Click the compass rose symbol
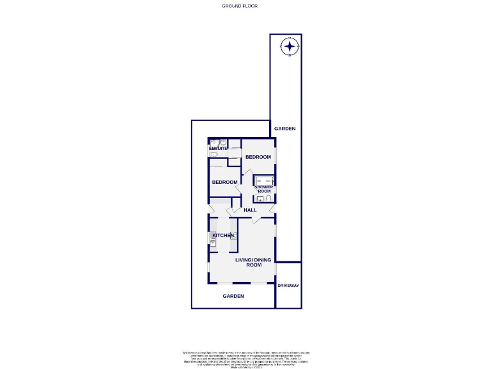point(290,46)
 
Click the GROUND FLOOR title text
point(240,6)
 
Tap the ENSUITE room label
point(218,149)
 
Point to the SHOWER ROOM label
point(265,189)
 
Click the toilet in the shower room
point(269,199)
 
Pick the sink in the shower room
point(260,199)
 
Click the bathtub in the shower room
point(264,180)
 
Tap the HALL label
point(250,210)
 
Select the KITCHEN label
point(223,236)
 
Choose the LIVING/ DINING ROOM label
point(253,262)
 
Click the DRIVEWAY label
point(288,285)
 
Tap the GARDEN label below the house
point(233,296)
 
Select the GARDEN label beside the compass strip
point(285,129)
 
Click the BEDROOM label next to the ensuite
point(258,157)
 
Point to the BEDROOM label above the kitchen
point(224,182)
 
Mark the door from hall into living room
point(256,220)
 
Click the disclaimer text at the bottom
point(245,358)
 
